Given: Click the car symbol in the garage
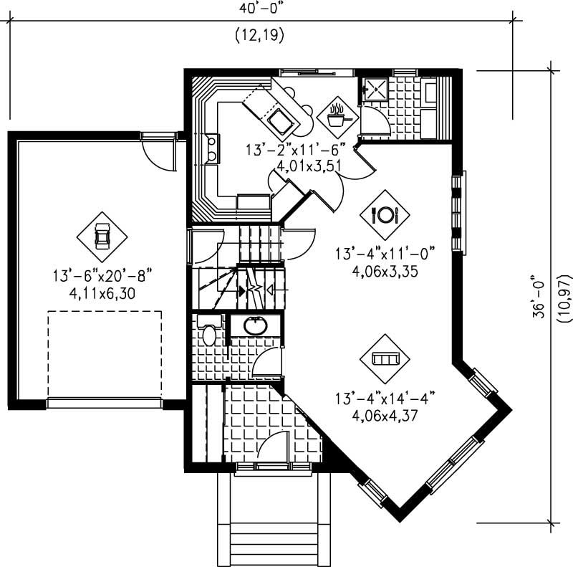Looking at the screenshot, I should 102,236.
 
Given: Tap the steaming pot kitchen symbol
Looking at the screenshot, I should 335,115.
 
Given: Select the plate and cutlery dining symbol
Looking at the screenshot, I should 384,214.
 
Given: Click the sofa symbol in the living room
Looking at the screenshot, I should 385,358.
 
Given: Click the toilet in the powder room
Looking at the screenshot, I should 208,333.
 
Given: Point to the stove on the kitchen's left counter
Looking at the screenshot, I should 211,149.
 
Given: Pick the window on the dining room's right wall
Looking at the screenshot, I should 458,213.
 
